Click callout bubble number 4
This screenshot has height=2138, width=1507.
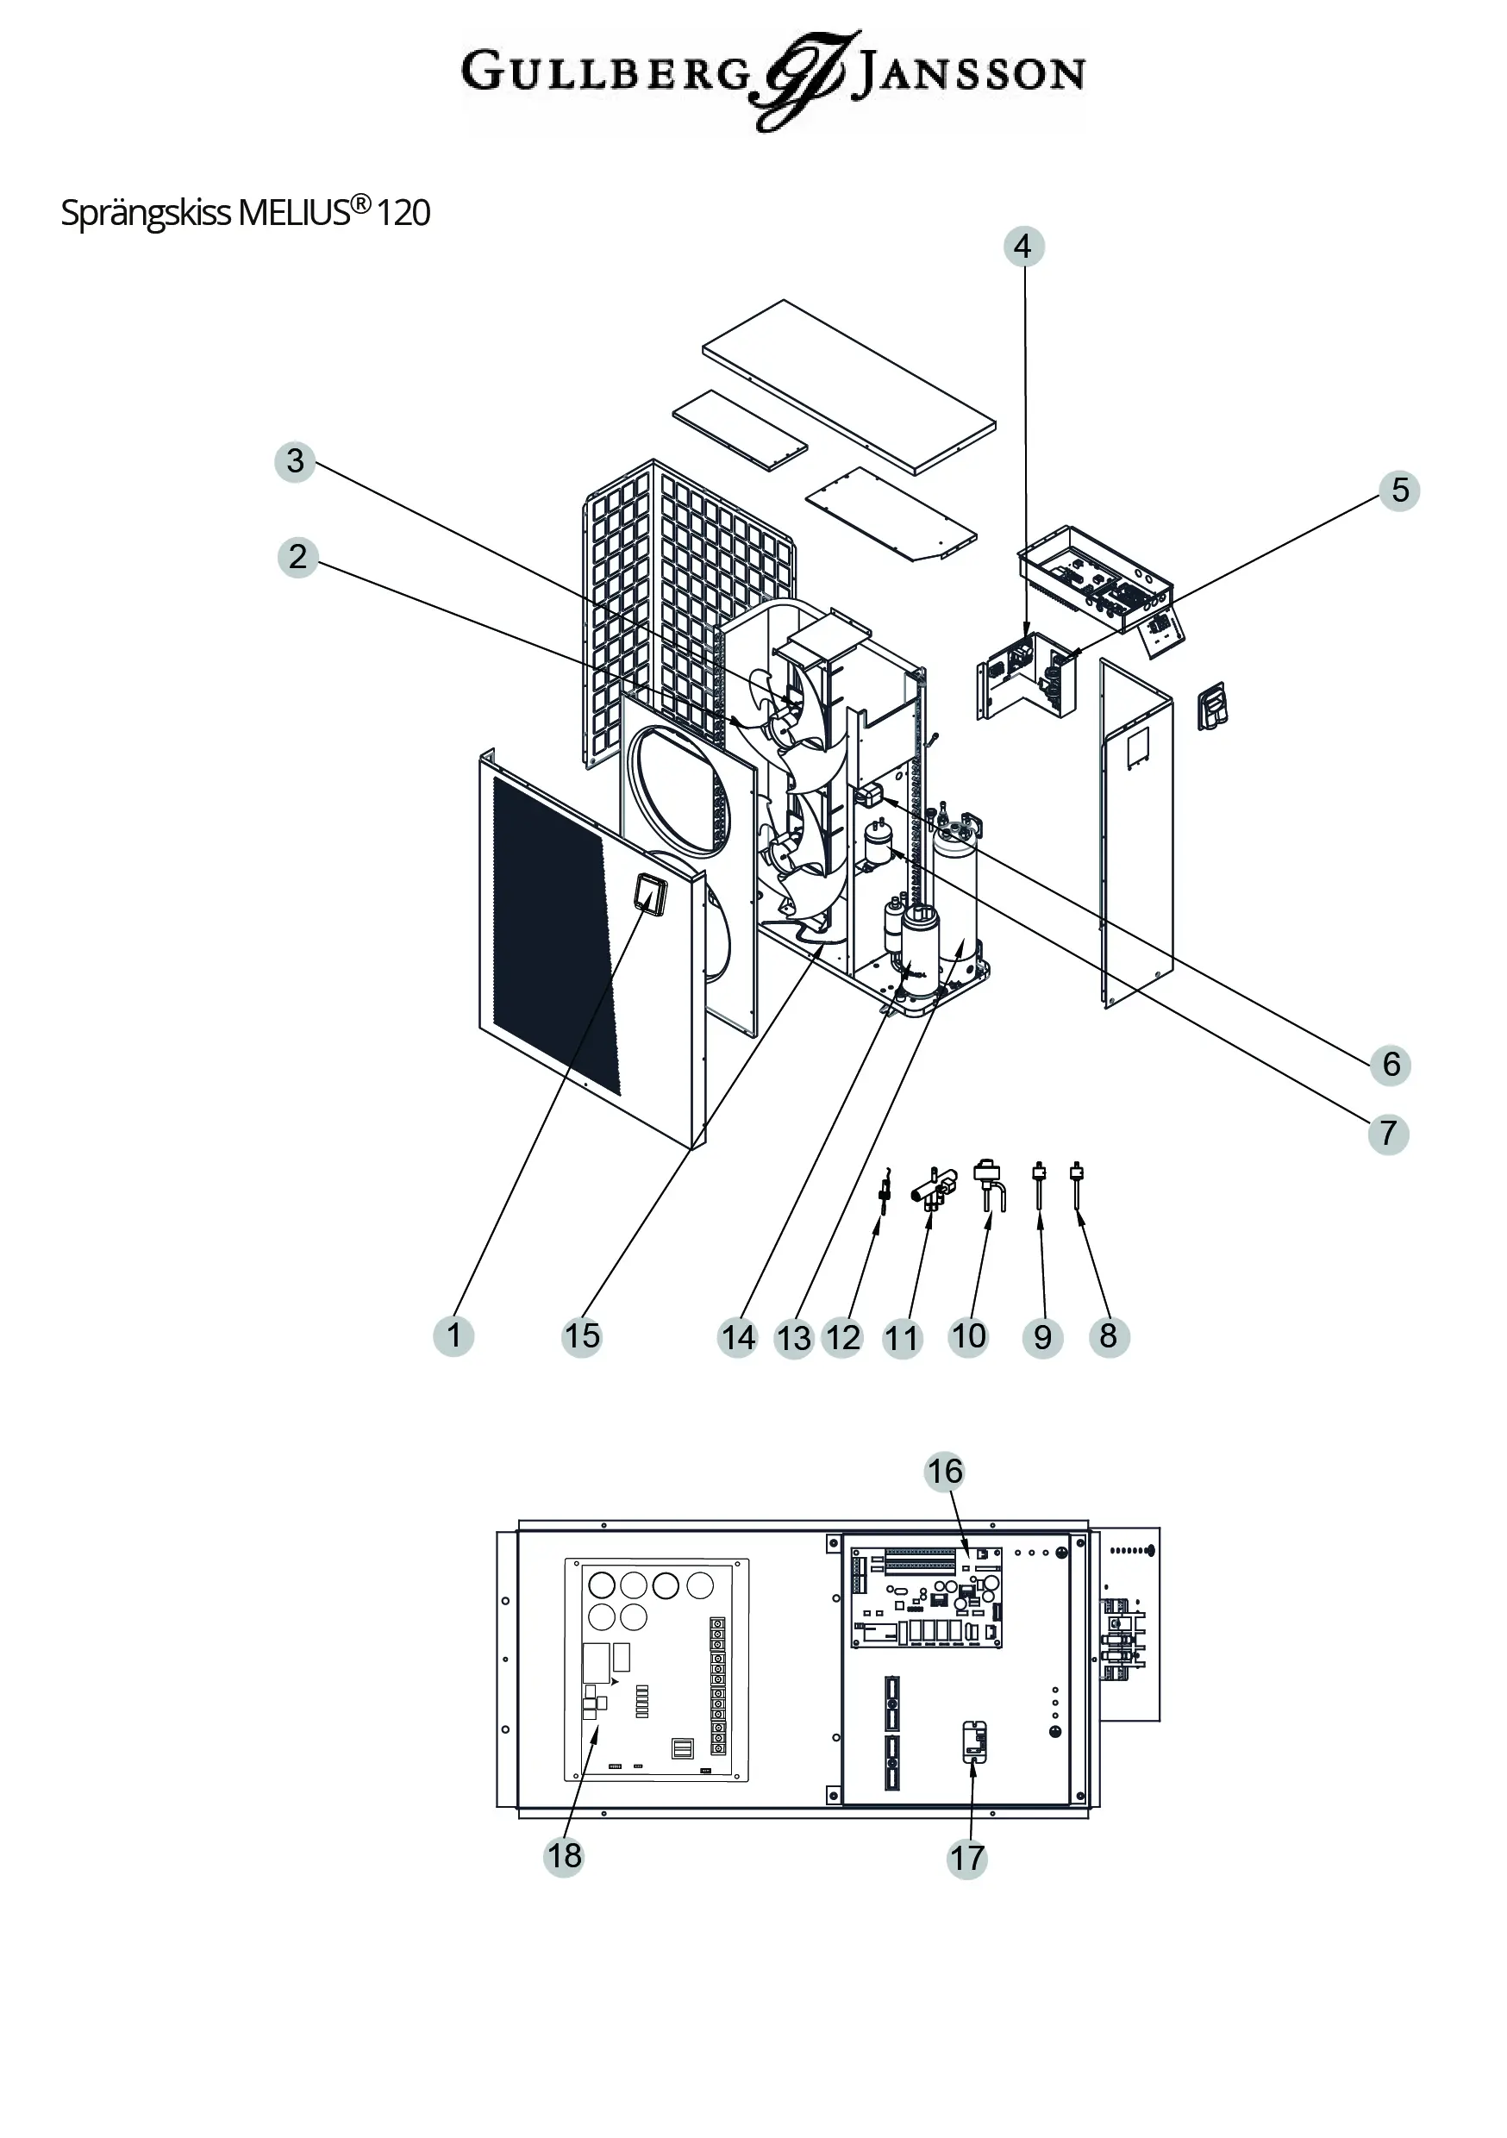coord(1022,247)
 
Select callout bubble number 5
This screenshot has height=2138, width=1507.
coord(1399,490)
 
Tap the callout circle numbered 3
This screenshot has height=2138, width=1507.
coord(295,461)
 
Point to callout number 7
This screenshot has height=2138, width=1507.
coord(1388,1134)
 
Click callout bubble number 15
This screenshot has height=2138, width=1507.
coord(582,1336)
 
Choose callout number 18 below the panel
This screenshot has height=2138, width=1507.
coord(564,1856)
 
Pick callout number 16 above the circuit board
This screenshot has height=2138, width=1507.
coord(944,1472)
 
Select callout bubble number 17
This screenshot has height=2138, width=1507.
coord(966,1859)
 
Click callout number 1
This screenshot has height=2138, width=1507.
coord(453,1336)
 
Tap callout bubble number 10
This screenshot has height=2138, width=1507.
coord(969,1336)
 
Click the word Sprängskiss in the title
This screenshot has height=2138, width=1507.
coord(146,213)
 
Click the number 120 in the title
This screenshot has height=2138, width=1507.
coord(403,213)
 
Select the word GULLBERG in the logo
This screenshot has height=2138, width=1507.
coord(605,72)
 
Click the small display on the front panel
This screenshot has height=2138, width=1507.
coord(649,894)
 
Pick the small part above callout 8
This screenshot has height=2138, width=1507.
coord(1078,1183)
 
